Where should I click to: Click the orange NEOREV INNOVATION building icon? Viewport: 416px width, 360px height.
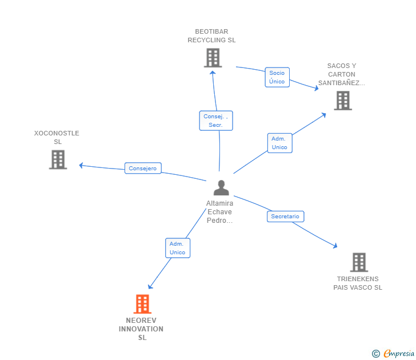(142, 304)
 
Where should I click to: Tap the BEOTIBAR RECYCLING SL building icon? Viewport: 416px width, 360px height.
(213, 58)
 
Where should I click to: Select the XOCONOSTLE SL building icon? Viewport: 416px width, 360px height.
(58, 159)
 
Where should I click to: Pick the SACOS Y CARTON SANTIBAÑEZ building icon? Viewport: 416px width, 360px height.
(343, 101)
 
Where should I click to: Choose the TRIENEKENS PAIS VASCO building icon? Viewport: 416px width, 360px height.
(359, 262)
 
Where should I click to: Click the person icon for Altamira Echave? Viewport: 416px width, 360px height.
(221, 187)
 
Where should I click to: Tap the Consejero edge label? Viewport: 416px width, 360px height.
(143, 169)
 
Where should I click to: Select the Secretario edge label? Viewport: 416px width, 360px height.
(285, 217)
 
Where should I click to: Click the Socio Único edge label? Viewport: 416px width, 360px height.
(277, 77)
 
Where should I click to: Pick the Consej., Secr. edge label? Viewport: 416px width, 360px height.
(216, 121)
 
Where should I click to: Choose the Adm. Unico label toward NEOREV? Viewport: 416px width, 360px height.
(177, 248)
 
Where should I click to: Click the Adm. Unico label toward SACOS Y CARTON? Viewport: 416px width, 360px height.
(279, 143)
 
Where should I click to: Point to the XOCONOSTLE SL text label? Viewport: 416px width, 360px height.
(57, 138)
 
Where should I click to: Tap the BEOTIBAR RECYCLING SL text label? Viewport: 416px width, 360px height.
(211, 36)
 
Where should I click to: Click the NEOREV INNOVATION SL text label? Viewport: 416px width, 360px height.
(141, 329)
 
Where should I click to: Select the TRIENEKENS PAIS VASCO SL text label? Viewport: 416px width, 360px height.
(358, 283)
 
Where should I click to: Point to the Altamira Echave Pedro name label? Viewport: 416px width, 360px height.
(220, 212)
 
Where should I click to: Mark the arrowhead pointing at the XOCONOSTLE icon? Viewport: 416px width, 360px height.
(81, 165)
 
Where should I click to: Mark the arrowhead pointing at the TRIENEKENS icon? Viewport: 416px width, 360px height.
(335, 246)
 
